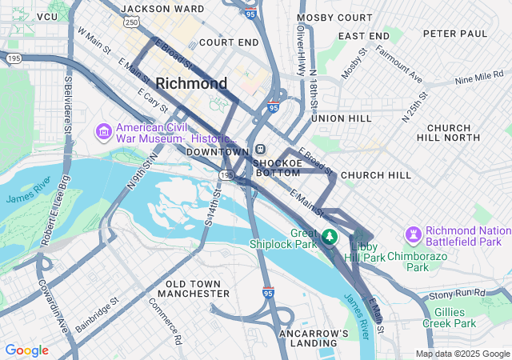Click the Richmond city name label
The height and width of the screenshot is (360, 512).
[x=191, y=83]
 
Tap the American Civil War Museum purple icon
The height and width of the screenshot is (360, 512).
[x=103, y=130]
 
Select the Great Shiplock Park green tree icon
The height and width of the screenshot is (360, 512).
[x=330, y=238]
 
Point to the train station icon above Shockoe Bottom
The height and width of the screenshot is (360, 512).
[x=261, y=150]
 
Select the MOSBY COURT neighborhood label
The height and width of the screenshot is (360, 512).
[x=330, y=17]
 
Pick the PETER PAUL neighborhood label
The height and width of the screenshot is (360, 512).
[x=454, y=34]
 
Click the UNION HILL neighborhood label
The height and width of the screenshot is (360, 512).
[x=341, y=118]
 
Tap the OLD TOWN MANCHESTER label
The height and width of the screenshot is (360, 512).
[x=198, y=289]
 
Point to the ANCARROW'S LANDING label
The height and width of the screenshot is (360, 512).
[x=314, y=338]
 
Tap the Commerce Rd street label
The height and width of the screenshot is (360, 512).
[x=166, y=321]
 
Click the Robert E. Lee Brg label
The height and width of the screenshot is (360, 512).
[x=47, y=238]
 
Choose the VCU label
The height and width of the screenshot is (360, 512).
[x=48, y=16]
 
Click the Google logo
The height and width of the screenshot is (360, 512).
[x=26, y=350]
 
